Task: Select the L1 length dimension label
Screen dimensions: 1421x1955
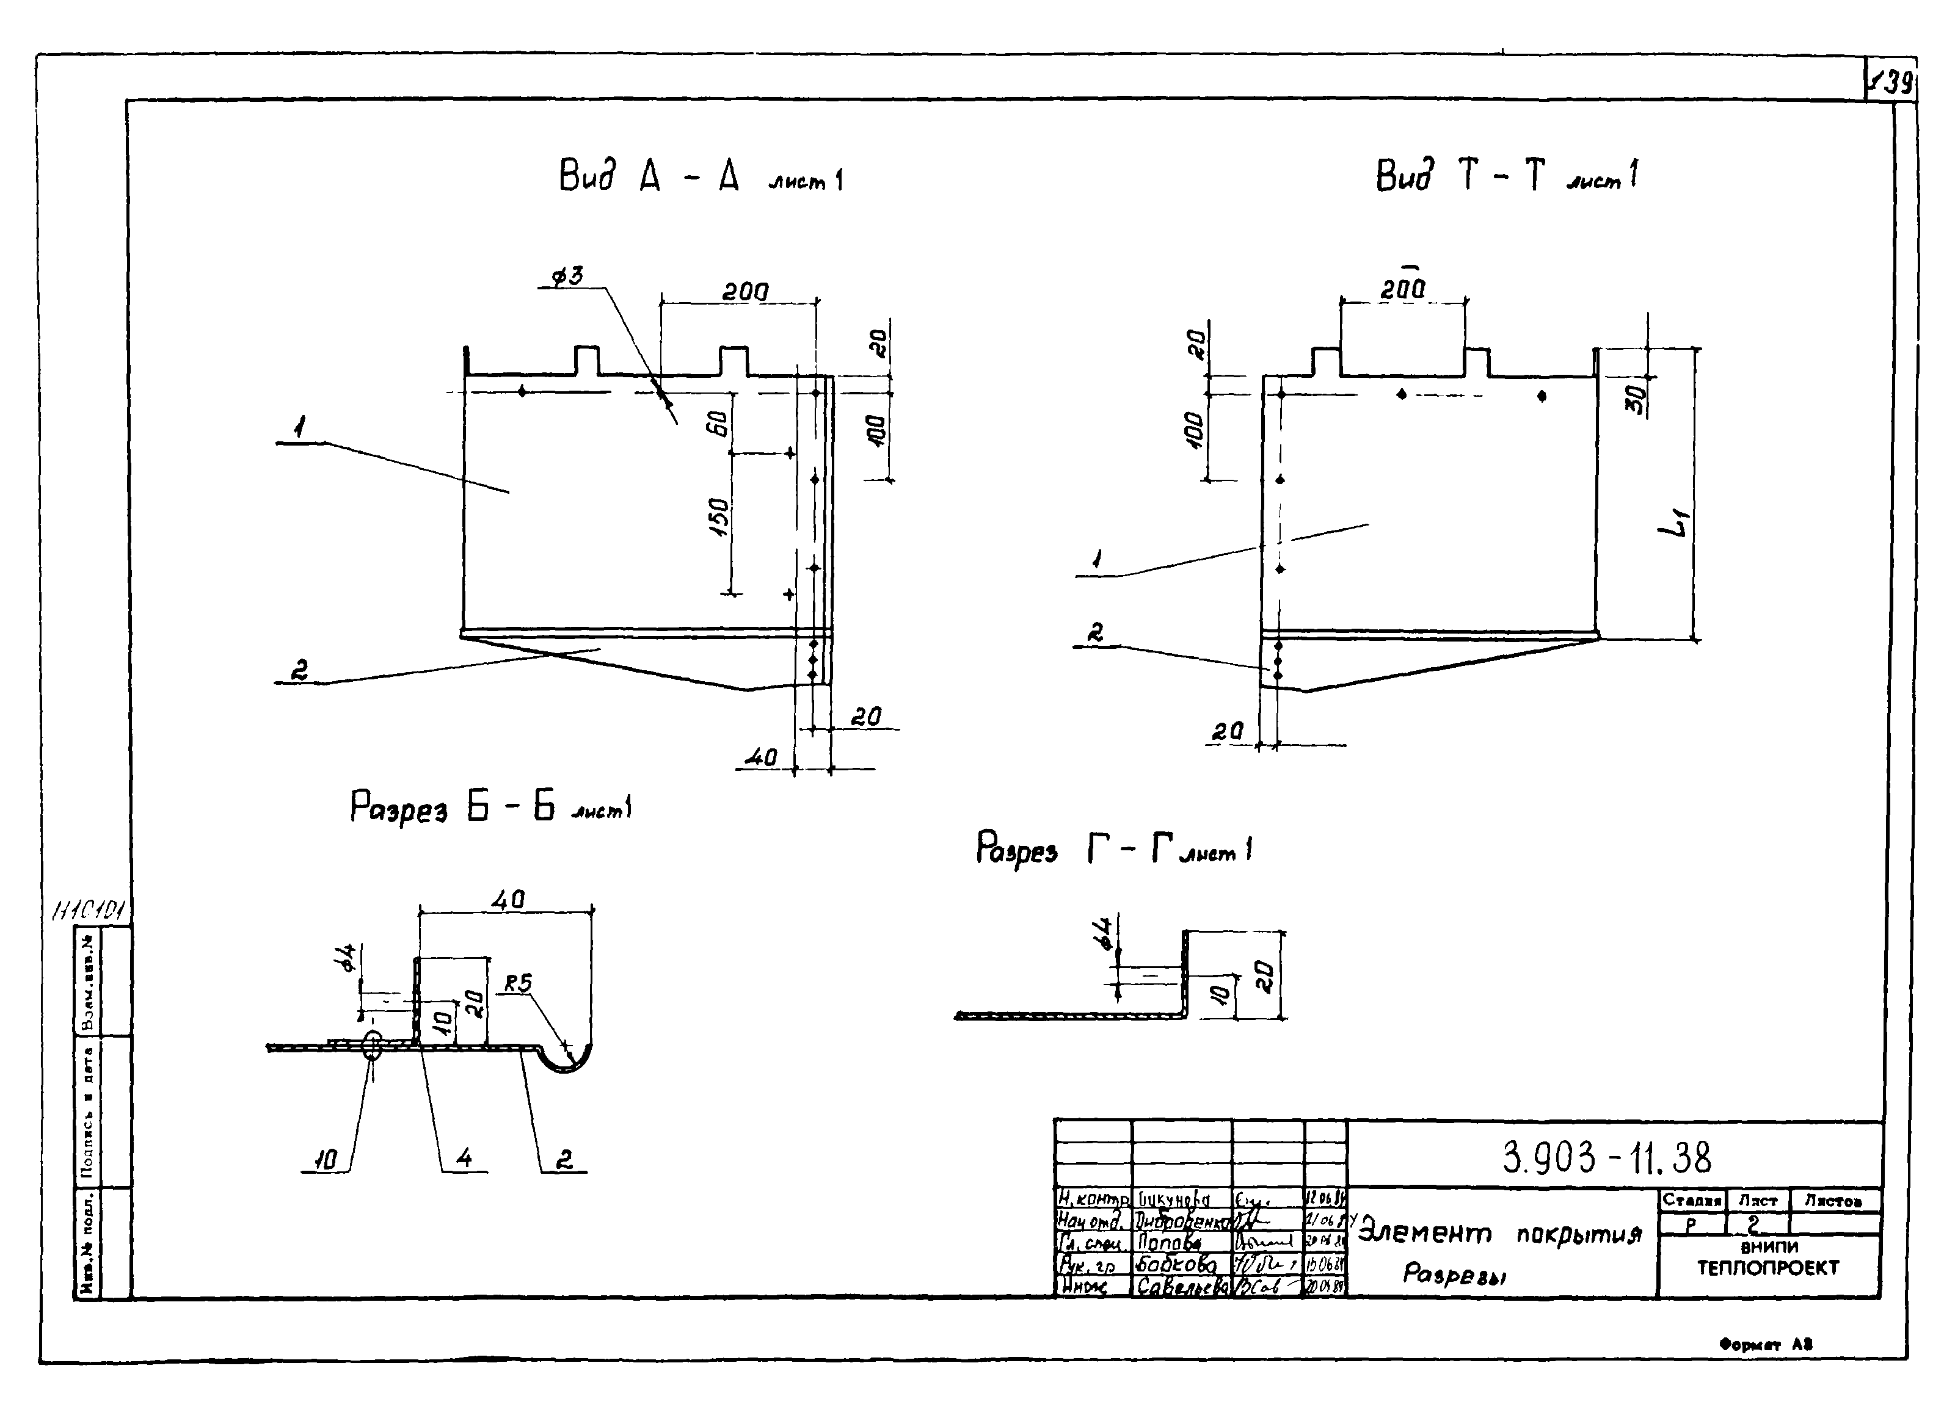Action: pos(1673,523)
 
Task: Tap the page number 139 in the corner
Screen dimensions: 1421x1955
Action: pos(1893,84)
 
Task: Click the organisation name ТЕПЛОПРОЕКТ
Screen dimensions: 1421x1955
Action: pos(1768,1268)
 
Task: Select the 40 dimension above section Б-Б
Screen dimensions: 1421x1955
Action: pos(508,900)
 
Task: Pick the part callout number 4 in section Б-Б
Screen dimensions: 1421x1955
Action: pos(464,1159)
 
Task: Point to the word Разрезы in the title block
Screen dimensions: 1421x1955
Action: pos(1454,1274)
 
